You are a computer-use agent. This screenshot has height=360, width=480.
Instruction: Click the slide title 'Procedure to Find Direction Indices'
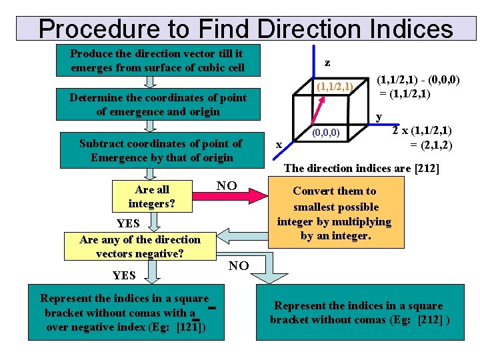tap(245, 29)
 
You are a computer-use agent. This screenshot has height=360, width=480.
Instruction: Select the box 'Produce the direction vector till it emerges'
tap(157, 60)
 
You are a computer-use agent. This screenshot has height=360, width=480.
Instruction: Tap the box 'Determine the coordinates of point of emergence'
tap(157, 105)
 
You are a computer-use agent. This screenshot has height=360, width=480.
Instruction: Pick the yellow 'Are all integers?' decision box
tap(152, 196)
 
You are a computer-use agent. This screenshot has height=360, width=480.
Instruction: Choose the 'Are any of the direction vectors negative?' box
tap(140, 246)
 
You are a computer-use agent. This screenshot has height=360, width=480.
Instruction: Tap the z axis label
tap(327, 63)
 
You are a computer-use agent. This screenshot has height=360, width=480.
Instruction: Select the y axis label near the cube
tap(379, 117)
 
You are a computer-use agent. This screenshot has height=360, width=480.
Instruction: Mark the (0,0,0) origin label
tap(327, 133)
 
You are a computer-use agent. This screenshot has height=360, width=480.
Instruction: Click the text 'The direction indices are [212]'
tap(361, 168)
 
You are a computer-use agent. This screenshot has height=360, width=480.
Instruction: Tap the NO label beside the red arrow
tap(227, 185)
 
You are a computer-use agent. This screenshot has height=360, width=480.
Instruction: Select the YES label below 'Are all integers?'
tap(128, 223)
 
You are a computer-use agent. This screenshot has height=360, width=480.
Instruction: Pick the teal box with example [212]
tap(360, 313)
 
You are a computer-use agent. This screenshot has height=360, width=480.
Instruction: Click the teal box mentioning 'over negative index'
tap(125, 313)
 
